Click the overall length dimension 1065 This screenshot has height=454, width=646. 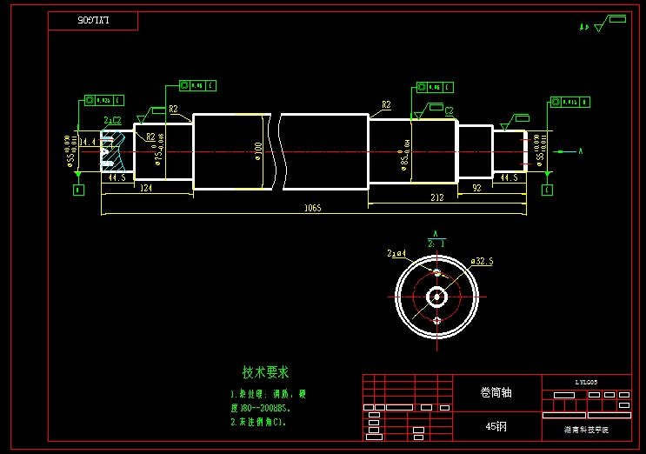click(312, 208)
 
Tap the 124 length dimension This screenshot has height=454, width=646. click(146, 188)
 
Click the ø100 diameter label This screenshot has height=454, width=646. click(259, 151)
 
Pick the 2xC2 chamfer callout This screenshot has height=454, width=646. click(111, 120)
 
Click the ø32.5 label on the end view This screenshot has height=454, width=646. click(482, 261)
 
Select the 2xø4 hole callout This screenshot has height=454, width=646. click(396, 253)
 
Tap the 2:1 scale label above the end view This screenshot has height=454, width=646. click(436, 244)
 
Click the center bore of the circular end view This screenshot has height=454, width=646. click(436, 297)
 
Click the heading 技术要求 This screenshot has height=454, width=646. click(265, 372)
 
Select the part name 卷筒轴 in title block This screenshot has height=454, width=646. click(496, 392)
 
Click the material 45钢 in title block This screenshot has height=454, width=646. click(496, 427)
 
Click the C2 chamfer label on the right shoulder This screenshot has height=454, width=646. click(449, 111)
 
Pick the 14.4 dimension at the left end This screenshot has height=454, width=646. click(89, 142)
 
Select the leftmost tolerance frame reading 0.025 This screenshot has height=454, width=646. click(101, 100)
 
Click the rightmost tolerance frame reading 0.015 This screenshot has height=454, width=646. click(569, 103)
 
